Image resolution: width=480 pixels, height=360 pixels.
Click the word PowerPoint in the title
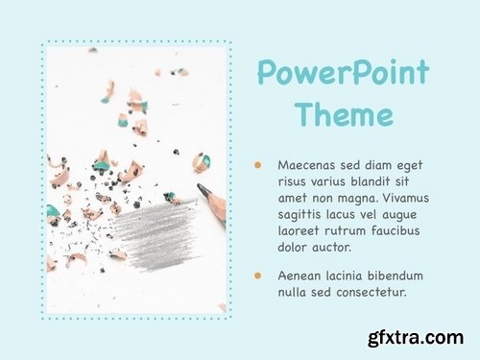(343, 74)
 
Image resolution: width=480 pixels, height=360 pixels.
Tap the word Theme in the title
(344, 115)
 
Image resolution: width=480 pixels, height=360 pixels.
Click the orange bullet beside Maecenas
(258, 165)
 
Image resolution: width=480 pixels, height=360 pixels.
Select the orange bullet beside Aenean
(258, 276)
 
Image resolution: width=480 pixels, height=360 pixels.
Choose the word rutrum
(351, 232)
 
